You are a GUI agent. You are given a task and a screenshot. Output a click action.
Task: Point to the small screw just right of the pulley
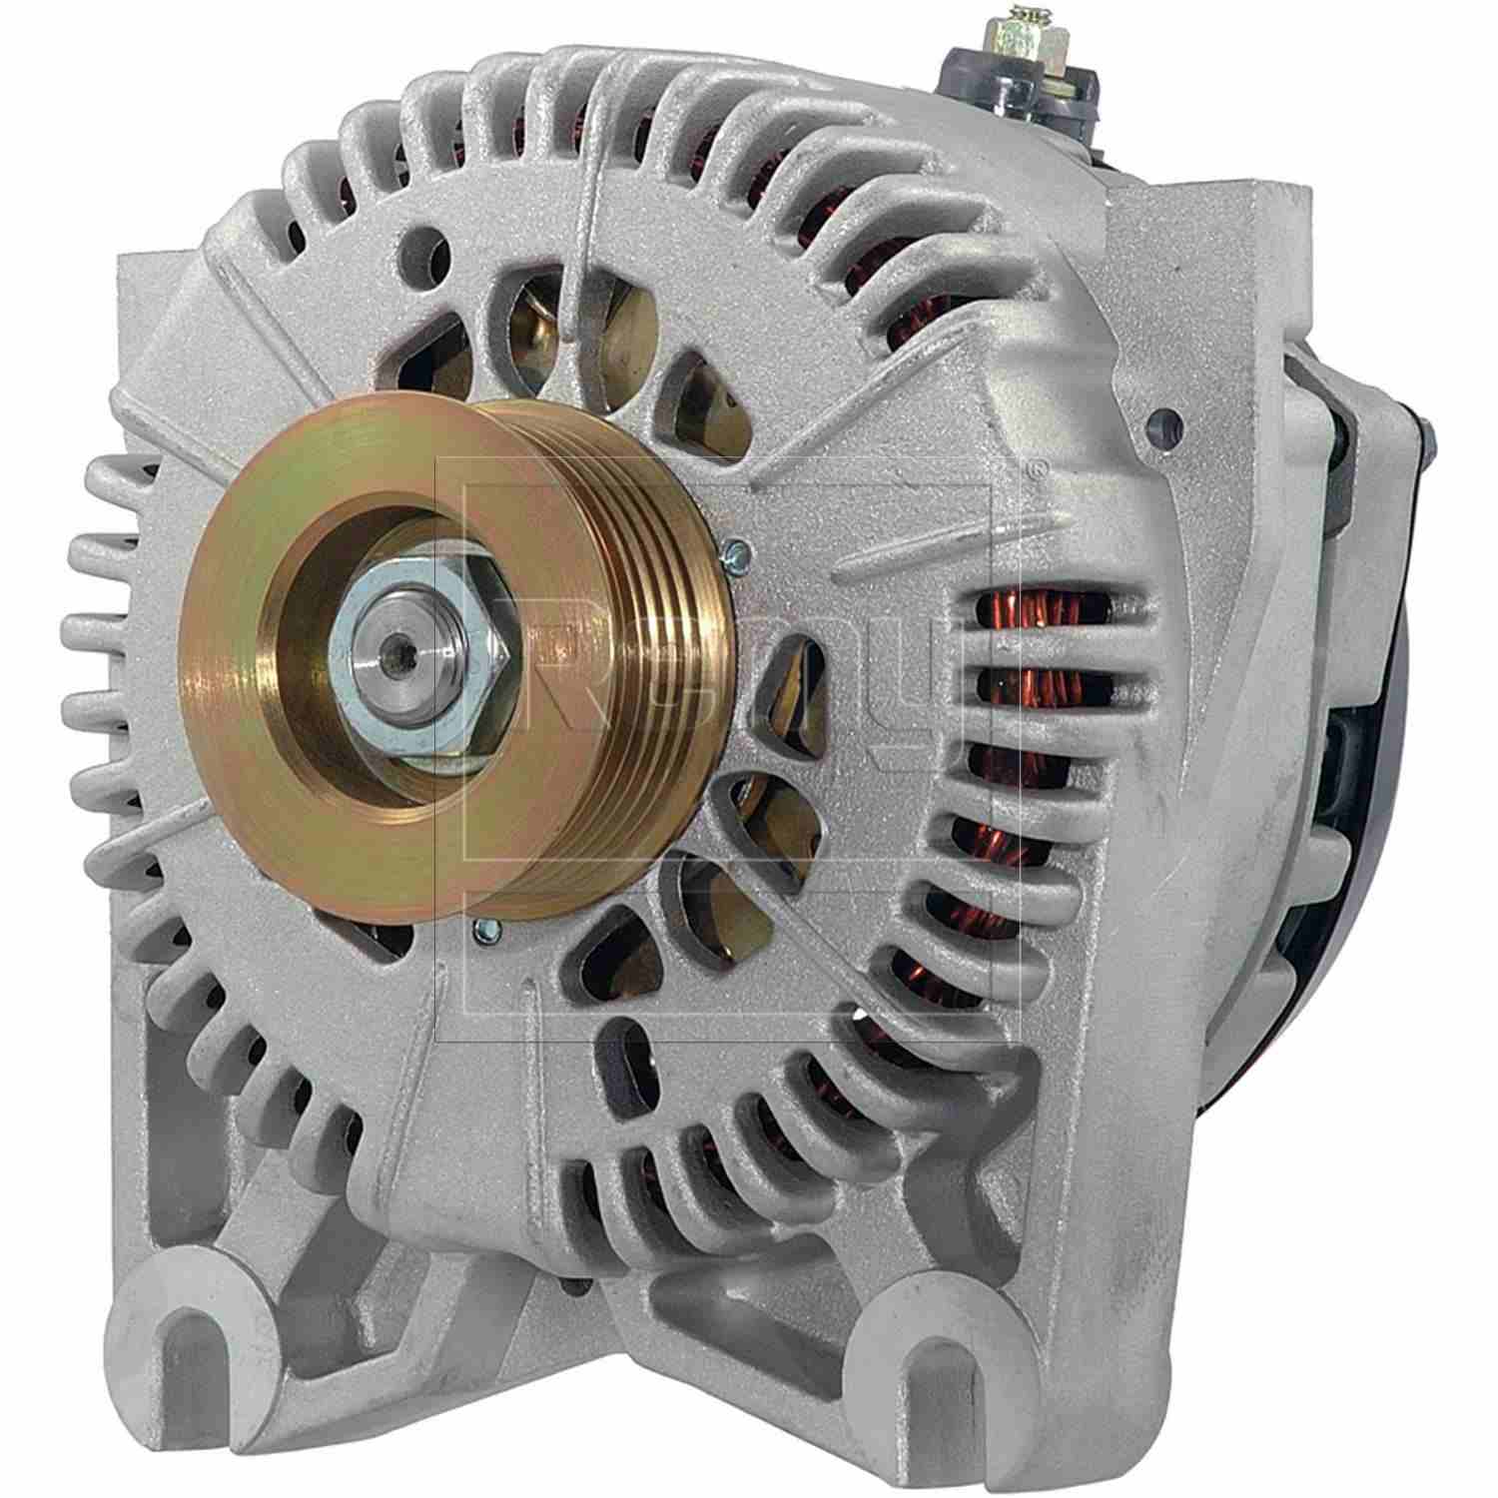(736, 548)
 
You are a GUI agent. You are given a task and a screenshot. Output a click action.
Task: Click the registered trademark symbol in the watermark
(1041, 466)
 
